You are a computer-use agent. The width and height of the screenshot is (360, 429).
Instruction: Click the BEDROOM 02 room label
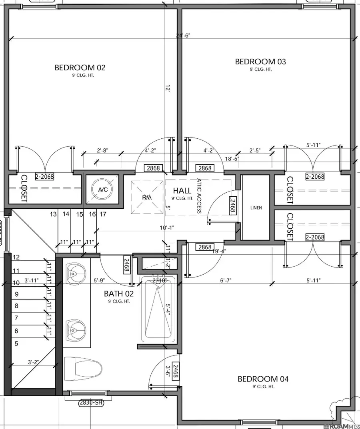[x=80, y=68]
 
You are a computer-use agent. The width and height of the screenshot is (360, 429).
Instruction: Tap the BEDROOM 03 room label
[x=260, y=62]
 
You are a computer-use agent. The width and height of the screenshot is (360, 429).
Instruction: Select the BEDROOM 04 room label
[x=263, y=379]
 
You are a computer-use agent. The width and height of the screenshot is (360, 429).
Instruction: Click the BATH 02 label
[x=119, y=293]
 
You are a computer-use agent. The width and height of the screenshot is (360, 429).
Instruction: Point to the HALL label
[x=183, y=191]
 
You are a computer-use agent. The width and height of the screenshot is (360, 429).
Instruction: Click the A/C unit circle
[x=103, y=190]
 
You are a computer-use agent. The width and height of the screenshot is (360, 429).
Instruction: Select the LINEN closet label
[x=256, y=208]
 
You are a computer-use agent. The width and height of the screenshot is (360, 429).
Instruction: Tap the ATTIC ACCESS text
[x=199, y=196]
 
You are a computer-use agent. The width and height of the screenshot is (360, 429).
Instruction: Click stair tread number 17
[x=103, y=214]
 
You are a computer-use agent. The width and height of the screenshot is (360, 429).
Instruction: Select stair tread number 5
[x=16, y=343]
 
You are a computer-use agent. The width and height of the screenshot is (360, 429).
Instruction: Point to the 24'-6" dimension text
[x=183, y=35]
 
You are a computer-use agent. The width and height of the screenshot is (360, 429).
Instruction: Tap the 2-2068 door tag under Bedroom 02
[x=44, y=176]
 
